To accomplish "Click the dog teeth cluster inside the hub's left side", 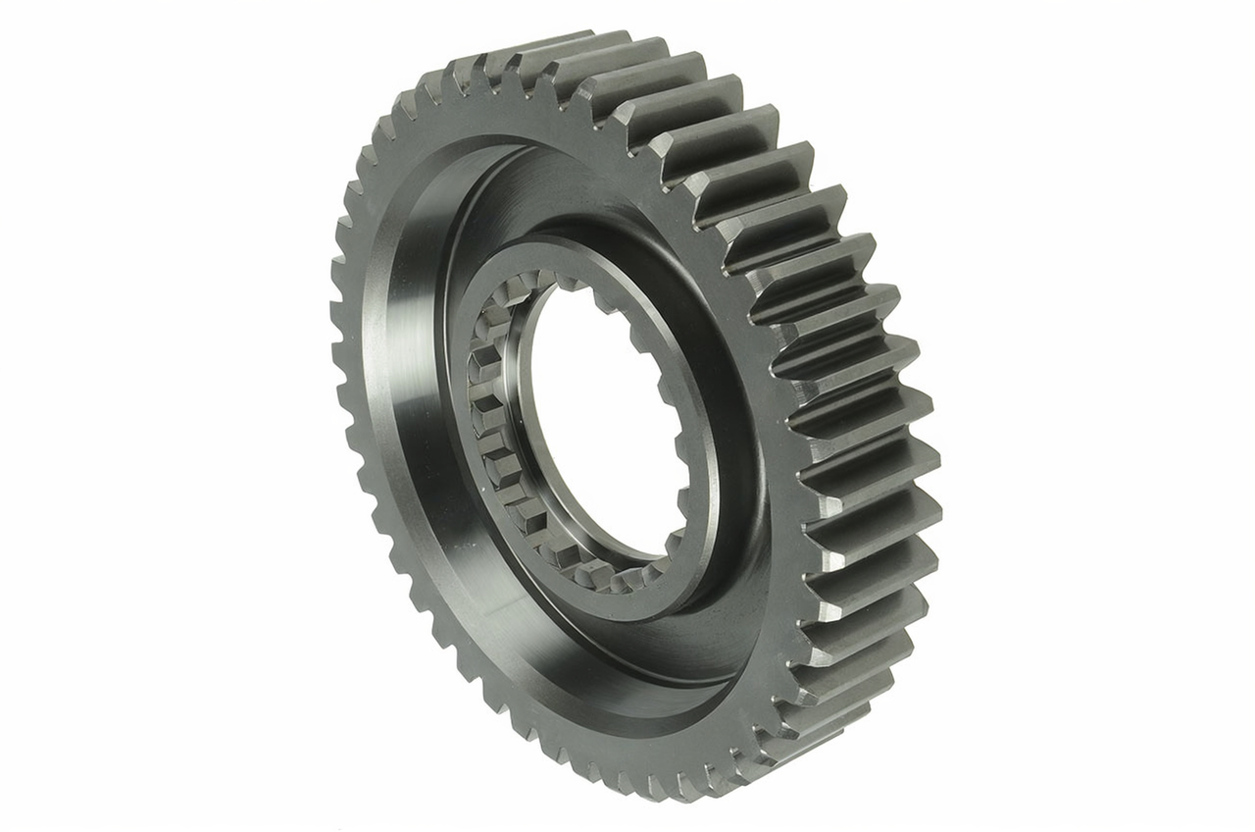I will point(490,412).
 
